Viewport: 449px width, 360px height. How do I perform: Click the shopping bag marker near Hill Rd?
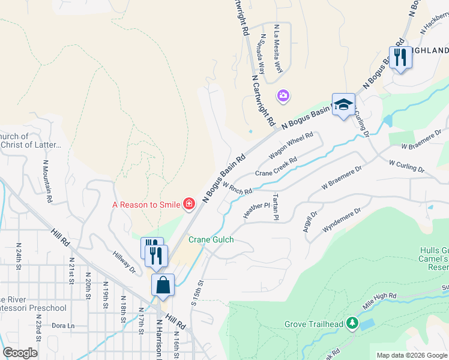163,285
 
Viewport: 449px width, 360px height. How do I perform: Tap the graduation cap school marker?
343,104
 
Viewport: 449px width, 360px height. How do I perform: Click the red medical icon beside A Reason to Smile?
189,205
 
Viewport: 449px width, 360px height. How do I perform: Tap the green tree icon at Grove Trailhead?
352,324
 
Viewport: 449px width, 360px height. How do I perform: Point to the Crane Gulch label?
211,239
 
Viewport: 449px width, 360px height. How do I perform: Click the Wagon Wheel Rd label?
292,146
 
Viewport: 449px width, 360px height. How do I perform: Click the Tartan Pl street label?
276,206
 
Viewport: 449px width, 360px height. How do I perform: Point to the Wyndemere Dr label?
342,221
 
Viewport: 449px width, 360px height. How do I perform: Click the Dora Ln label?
62,326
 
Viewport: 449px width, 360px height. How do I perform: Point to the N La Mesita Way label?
277,47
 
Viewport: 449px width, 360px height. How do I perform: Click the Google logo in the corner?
20,353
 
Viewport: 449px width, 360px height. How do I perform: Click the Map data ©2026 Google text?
411,355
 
